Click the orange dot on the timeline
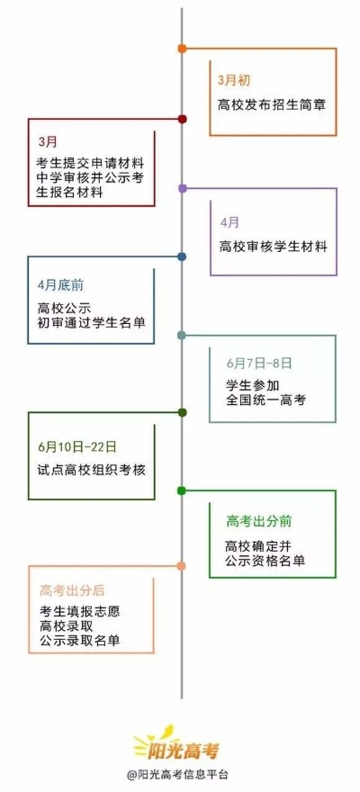click(x=183, y=49)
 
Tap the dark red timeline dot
click(x=183, y=119)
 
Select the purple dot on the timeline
click(x=183, y=188)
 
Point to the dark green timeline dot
click(x=183, y=413)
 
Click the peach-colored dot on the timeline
click(x=181, y=566)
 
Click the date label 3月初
click(x=234, y=80)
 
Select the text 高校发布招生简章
click(x=272, y=105)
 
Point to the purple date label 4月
click(x=229, y=222)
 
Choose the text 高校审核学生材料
click(x=274, y=247)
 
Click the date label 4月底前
click(x=60, y=285)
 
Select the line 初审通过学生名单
click(x=92, y=323)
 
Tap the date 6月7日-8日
click(x=259, y=364)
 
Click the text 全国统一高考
click(x=266, y=400)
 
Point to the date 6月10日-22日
click(x=76, y=446)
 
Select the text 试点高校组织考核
click(x=92, y=470)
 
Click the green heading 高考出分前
click(x=259, y=522)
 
